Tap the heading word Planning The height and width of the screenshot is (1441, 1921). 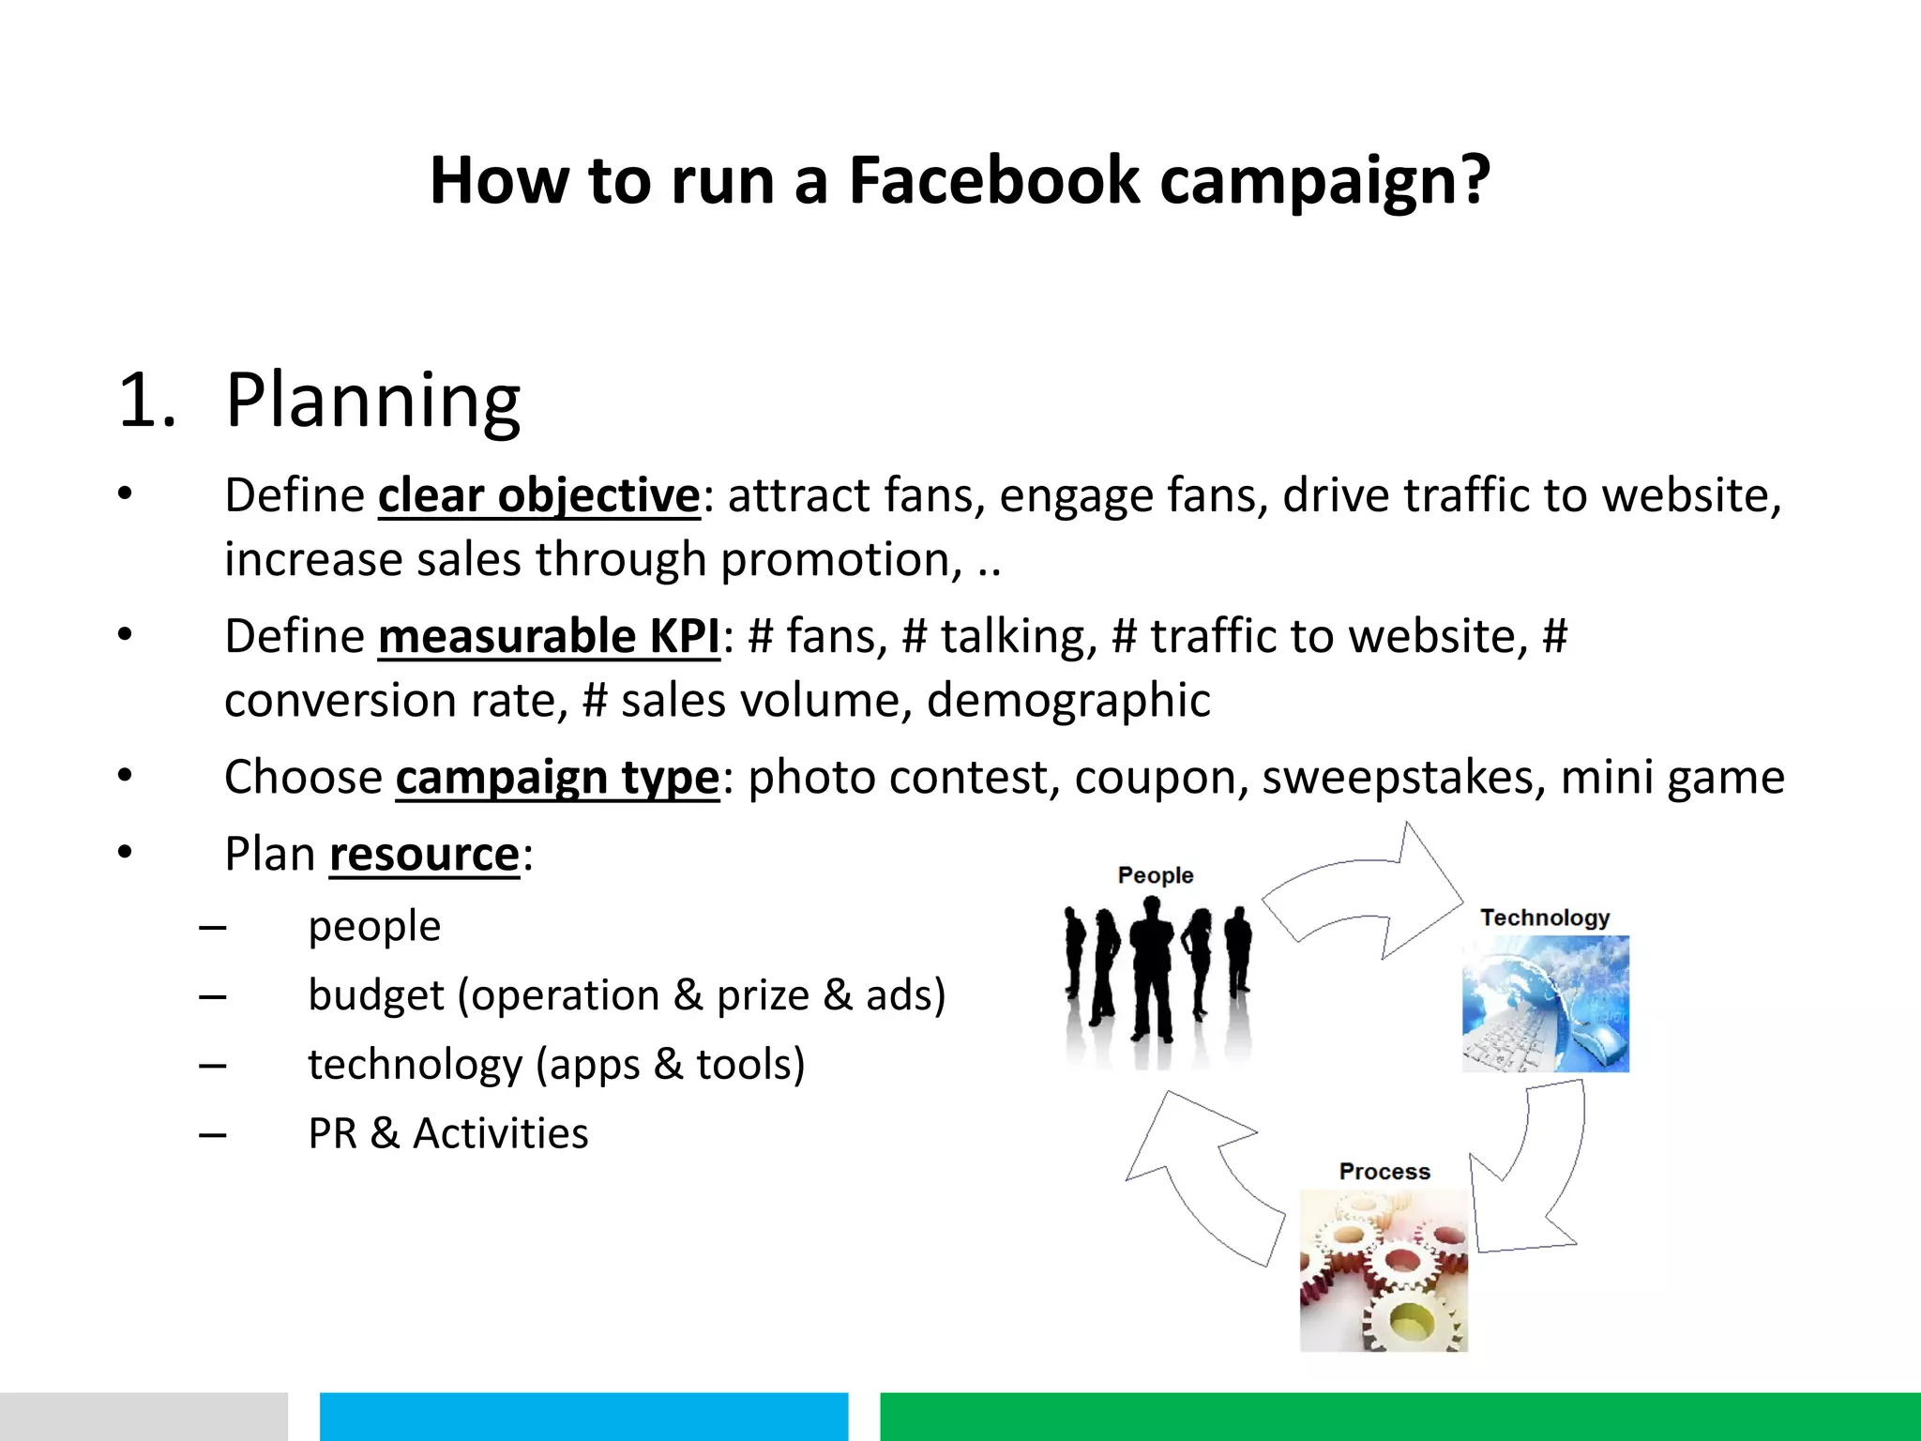tap(372, 401)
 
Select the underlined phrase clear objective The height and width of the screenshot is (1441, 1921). tap(538, 495)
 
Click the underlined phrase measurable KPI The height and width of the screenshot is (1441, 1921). tap(549, 636)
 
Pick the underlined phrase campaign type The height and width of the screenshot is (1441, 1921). tap(557, 778)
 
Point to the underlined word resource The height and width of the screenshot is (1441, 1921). tap(424, 855)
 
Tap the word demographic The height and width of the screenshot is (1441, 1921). tap(1068, 701)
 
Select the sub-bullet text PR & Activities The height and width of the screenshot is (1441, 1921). tap(448, 1133)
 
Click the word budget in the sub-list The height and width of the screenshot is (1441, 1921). tap(375, 995)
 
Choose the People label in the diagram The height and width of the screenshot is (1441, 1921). tap(1155, 875)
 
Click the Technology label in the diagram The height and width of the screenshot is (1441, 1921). tap(1545, 918)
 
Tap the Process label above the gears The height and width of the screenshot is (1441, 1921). tap(1384, 1172)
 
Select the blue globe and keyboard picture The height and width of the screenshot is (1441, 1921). tap(1545, 1004)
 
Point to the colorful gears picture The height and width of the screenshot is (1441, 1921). tap(1384, 1271)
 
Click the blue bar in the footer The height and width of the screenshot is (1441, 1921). tap(583, 1417)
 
